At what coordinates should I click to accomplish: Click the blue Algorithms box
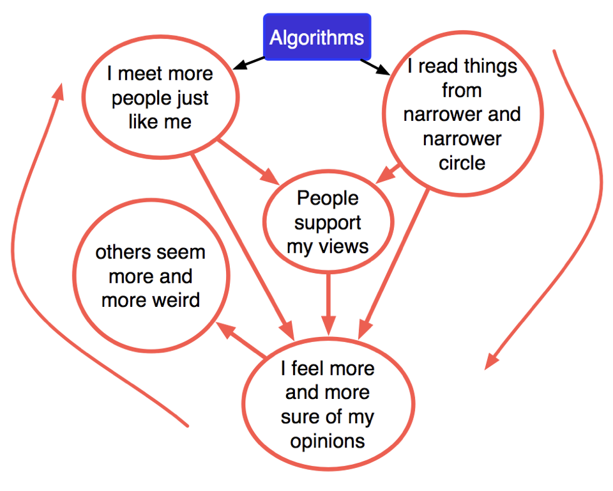tap(317, 37)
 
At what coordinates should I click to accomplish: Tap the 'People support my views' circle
tap(328, 222)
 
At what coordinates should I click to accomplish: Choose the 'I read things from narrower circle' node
tap(462, 114)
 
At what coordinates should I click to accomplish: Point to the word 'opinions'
tap(328, 441)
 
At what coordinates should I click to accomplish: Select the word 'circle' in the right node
tap(462, 163)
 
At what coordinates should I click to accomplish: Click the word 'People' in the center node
tap(328, 198)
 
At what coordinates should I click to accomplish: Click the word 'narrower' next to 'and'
tap(434, 114)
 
